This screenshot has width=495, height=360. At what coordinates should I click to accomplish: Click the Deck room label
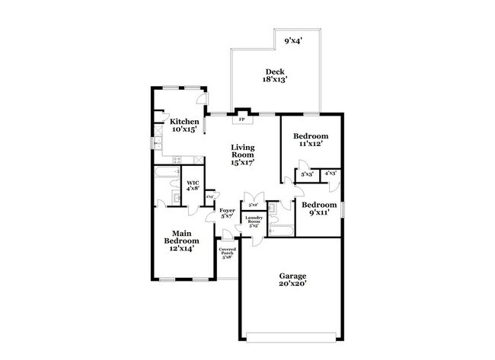pos(274,72)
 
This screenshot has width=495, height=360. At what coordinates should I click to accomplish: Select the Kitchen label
pos(184,122)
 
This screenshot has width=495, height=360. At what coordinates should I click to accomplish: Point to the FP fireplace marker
pos(242,119)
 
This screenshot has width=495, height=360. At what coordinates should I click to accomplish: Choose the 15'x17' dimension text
pos(243,161)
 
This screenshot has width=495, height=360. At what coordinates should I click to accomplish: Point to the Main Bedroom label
pos(180,237)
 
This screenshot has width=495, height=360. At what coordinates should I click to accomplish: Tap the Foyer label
pos(228,210)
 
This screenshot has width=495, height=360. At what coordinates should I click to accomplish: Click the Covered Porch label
pos(227,251)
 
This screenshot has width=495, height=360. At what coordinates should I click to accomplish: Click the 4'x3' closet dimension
pos(331,174)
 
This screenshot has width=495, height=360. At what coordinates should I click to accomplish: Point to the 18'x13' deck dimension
pos(274,80)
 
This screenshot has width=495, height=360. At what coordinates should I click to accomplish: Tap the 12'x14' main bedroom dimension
pos(180,247)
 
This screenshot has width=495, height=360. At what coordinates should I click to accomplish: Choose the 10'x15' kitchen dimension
pos(184,130)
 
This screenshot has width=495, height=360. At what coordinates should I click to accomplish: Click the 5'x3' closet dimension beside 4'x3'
pos(307,175)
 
